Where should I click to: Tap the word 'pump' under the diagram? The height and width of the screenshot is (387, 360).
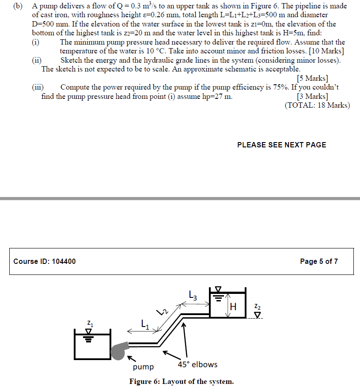[x=143, y=367]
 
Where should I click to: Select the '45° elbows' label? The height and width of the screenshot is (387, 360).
[x=197, y=364]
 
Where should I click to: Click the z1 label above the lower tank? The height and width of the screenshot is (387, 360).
[x=90, y=325]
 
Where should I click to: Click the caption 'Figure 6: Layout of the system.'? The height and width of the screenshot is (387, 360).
[x=181, y=381]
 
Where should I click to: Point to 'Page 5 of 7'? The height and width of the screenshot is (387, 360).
[x=319, y=261]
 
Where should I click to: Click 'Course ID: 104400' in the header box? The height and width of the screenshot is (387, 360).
[x=45, y=261]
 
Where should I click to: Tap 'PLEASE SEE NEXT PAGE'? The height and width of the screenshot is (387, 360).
[x=281, y=145]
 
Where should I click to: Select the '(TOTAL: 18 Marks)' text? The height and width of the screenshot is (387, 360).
[x=317, y=105]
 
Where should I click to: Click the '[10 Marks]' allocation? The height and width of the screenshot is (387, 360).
[x=326, y=51]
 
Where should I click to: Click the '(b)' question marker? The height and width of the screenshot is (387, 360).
[x=18, y=7]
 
